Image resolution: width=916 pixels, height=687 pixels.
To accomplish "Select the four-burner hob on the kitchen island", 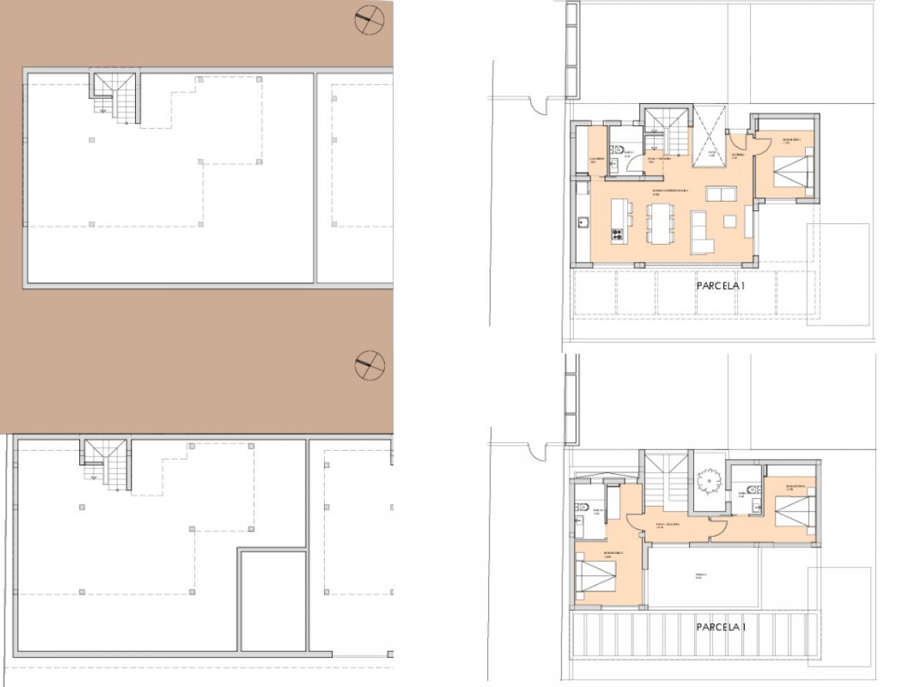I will (x=615, y=234).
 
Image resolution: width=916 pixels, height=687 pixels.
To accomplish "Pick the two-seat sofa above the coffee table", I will (x=721, y=195).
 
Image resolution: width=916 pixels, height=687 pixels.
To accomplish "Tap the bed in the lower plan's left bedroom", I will (x=600, y=577).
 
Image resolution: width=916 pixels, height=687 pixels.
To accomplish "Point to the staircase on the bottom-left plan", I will (x=106, y=465).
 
